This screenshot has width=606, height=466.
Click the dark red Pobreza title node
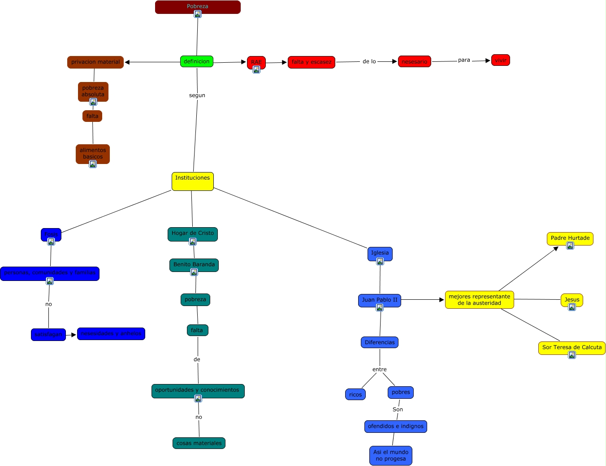(x=198, y=7)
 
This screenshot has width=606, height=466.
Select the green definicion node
(x=196, y=61)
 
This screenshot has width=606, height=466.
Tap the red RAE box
(x=256, y=61)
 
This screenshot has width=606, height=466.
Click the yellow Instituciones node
(x=192, y=181)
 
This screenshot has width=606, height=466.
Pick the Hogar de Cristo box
(x=192, y=233)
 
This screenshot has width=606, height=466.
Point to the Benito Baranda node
(x=194, y=264)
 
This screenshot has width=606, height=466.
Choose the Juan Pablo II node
(x=379, y=300)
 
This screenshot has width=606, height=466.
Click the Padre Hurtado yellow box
(x=570, y=238)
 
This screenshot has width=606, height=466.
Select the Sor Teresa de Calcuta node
(x=571, y=347)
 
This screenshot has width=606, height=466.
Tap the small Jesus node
(x=571, y=299)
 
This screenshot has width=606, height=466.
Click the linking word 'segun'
(x=197, y=95)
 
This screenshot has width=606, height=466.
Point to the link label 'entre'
(x=379, y=370)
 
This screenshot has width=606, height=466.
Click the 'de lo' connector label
(x=369, y=61)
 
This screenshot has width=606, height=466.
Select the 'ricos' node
(x=355, y=395)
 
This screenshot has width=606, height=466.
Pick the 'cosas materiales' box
(x=199, y=443)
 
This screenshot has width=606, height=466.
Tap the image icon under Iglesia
(x=380, y=261)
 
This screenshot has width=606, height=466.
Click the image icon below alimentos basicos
(x=93, y=164)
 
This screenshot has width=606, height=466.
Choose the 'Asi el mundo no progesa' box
(x=390, y=455)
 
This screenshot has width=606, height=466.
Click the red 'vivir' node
(x=500, y=60)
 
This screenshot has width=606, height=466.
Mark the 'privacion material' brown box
(x=95, y=62)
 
